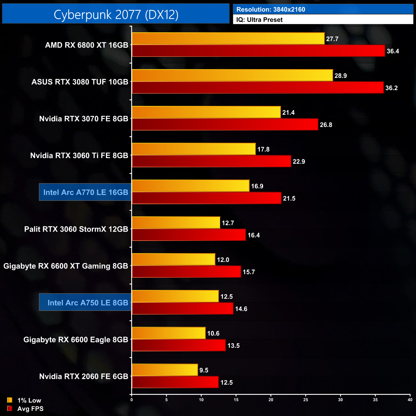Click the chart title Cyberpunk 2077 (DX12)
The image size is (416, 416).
[116, 14]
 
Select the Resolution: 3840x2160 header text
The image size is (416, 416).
[271, 9]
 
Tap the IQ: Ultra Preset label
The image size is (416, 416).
[259, 20]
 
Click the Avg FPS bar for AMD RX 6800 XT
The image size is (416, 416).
[258, 51]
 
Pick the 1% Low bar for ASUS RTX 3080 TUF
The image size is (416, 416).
[232, 76]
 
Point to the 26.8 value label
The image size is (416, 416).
[326, 125]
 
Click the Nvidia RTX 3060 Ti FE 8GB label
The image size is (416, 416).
[79, 156]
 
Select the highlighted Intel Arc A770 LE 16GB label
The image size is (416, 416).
[85, 192]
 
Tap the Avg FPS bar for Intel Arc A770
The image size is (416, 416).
[206, 198]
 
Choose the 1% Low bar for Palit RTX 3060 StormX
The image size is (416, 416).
[176, 223]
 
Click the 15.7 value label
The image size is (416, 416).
[249, 272]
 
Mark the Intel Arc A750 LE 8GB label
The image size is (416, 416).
[88, 303]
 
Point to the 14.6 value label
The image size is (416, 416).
[241, 309]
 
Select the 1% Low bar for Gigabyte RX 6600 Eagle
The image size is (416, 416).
[169, 333]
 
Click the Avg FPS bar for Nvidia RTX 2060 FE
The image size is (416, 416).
[175, 382]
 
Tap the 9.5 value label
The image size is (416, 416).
[204, 370]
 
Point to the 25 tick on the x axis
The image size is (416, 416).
[306, 400]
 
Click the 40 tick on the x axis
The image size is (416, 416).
[410, 400]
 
